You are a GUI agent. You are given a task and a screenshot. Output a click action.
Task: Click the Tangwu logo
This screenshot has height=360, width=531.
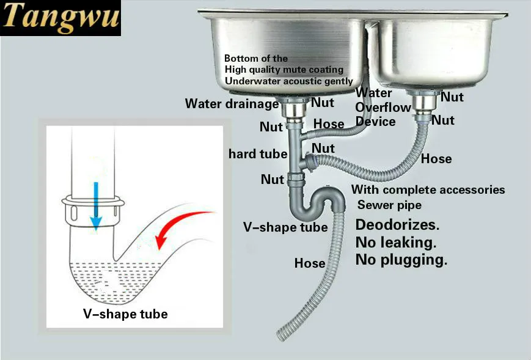tap(60, 18)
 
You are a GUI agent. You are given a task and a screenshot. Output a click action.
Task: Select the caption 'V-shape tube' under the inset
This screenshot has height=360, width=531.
tap(125, 314)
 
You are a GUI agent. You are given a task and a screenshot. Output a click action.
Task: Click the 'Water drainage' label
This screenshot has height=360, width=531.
tap(232, 104)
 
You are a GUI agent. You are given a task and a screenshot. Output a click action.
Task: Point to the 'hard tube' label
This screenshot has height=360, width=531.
tap(257, 153)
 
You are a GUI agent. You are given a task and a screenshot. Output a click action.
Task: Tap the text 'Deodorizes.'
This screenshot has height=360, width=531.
tap(397, 225)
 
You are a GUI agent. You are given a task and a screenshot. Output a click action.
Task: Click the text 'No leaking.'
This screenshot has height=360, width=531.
tap(395, 243)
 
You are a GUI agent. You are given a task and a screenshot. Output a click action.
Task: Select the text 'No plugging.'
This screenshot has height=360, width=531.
tap(401, 260)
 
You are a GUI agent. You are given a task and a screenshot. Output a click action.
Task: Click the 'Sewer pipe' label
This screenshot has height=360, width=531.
tap(389, 205)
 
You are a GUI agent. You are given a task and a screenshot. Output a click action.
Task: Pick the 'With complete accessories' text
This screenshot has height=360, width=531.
tap(428, 189)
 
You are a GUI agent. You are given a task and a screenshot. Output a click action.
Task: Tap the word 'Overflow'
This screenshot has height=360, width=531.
tap(383, 108)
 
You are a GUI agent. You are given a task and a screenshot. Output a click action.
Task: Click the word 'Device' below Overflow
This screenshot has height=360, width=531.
tap(375, 122)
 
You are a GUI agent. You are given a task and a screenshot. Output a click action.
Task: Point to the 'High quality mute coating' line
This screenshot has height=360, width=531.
tap(284, 70)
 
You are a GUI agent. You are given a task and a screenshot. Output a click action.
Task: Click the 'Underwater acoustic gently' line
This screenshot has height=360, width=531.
tap(288, 81)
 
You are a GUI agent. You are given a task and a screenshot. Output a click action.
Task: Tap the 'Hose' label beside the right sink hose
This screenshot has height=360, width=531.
tap(436, 159)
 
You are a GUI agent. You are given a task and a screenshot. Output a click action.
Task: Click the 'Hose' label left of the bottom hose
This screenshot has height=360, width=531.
tap(309, 263)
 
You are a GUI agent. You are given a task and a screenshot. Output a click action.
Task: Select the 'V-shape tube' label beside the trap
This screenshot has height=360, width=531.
tap(285, 228)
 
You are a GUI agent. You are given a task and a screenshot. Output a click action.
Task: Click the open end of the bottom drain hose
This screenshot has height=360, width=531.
tap(280, 336)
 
